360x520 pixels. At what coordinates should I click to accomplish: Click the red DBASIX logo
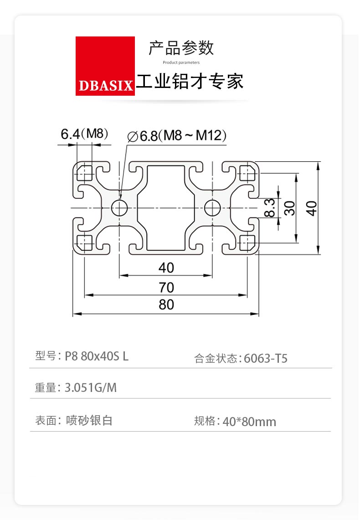[105, 66]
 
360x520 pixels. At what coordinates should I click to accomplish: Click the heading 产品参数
[181, 48]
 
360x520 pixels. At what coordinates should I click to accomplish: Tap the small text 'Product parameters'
[181, 62]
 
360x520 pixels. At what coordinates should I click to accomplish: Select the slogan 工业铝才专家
[190, 81]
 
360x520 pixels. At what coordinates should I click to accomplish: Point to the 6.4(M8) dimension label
[84, 134]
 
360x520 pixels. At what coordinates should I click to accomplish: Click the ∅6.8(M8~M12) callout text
[177, 136]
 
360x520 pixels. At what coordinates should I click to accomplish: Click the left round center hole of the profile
[119, 208]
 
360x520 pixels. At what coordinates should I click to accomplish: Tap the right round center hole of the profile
[212, 208]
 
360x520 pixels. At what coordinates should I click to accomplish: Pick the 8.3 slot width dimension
[270, 208]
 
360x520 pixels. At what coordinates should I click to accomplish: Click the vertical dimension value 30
[290, 208]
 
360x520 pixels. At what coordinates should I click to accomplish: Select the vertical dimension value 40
[312, 208]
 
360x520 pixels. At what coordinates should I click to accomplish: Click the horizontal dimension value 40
[166, 268]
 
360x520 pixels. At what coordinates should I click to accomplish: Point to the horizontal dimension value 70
[166, 288]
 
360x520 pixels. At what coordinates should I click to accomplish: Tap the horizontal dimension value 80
[166, 304]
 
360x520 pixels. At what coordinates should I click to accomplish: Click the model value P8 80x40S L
[97, 356]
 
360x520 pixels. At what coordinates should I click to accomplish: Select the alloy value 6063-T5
[266, 359]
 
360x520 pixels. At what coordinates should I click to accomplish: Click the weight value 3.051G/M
[91, 387]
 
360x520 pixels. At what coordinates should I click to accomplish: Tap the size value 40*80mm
[249, 422]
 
